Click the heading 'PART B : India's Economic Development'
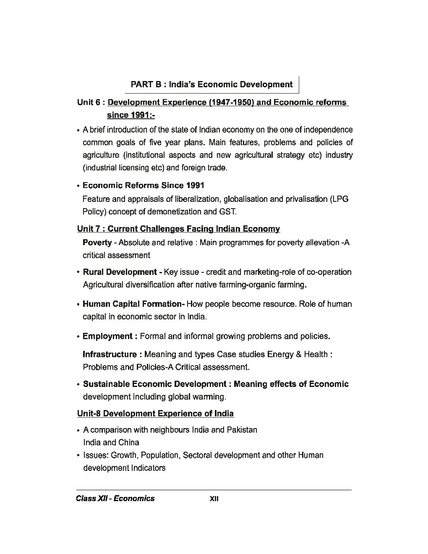[211, 84]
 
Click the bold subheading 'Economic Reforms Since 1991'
[144, 186]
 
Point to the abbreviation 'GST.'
[228, 212]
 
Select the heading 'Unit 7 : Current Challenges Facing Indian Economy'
[178, 229]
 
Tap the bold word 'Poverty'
[97, 243]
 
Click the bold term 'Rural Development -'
[123, 272]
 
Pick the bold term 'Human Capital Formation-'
[134, 304]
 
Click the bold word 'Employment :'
[110, 336]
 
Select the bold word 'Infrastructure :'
[112, 355]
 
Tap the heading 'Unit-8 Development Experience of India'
[155, 413]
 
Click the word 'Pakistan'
[242, 430]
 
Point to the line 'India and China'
[111, 442]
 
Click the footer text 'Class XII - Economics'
[115, 499]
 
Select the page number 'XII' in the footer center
[214, 499]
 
